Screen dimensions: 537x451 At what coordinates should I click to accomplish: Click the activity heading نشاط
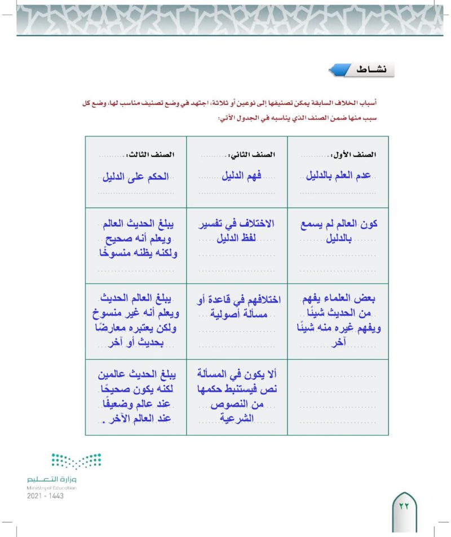click(x=369, y=69)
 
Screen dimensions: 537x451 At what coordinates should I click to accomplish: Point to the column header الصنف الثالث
click(x=156, y=154)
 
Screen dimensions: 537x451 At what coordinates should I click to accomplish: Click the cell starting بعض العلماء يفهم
click(x=338, y=320)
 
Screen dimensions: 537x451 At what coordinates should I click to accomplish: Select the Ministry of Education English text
click(x=51, y=487)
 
